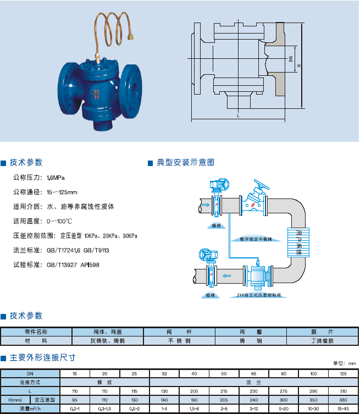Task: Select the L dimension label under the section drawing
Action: click(237, 116)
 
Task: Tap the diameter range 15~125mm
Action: click(62, 192)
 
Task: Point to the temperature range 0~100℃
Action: click(59, 221)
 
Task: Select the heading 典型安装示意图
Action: click(185, 162)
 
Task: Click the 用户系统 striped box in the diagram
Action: click(300, 243)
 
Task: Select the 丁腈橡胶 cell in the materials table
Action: click(322, 341)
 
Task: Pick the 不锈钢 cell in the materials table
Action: click(179, 341)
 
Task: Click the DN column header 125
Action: click(344, 373)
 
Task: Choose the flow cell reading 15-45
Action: click(344, 409)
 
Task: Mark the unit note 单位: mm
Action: click(345, 363)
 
